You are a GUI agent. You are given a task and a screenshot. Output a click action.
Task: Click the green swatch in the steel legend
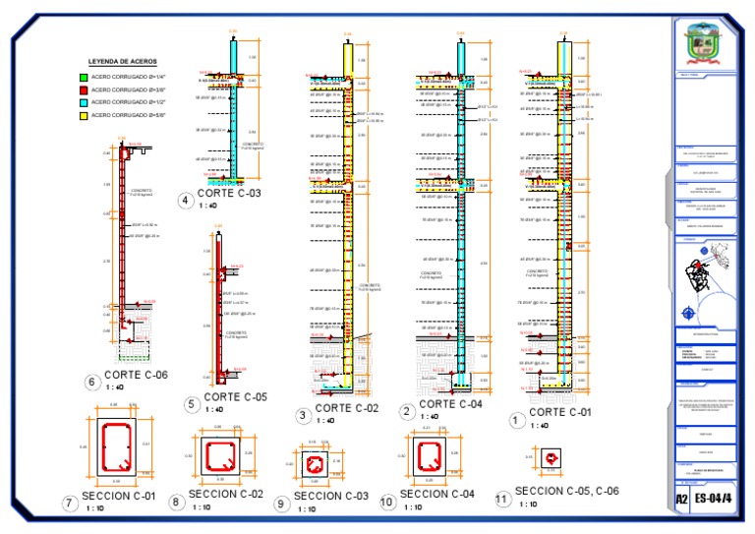point(83,76)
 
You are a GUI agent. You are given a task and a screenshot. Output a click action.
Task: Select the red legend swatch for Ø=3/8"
point(83,89)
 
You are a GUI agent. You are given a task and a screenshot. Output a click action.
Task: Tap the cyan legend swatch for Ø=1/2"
point(83,101)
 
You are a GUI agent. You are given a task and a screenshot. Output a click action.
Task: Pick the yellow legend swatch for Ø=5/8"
point(83,115)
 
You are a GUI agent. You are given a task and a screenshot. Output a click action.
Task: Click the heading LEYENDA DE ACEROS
point(115,61)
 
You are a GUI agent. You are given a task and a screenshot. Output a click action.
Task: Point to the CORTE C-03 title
point(229,194)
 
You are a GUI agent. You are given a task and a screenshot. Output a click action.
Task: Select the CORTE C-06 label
point(136,375)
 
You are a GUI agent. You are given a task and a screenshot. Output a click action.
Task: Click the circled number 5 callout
point(191,403)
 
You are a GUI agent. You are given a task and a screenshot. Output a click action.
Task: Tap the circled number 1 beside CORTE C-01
point(513,419)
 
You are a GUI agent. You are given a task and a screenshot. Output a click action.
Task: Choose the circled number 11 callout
point(503,499)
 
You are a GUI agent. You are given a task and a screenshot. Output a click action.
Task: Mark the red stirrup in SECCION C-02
point(217,453)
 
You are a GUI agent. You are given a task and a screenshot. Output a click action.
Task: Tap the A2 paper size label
point(681,500)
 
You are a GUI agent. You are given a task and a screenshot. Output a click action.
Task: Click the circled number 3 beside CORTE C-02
point(303,415)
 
